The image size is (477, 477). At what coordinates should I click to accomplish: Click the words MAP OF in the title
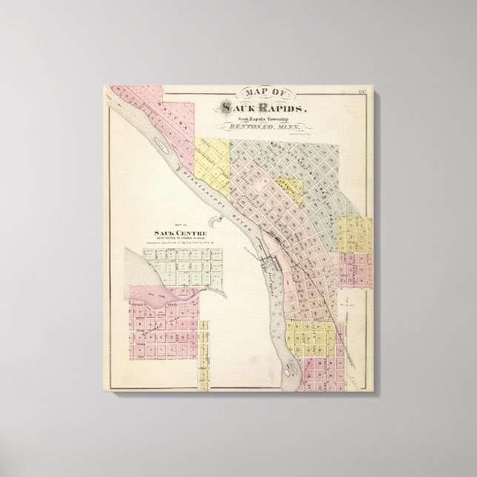coord(262,93)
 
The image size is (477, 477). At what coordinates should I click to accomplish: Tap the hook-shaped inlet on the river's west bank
coord(215,222)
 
